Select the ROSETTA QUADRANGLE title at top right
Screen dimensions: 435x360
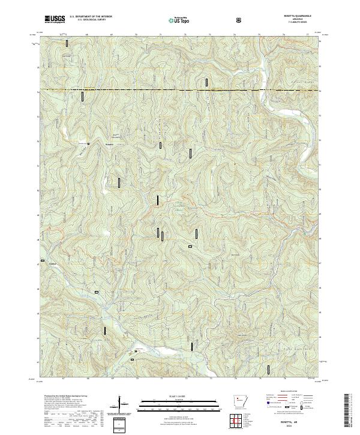301,17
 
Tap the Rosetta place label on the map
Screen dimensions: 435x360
109,144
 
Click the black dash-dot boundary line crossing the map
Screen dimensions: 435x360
180,90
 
